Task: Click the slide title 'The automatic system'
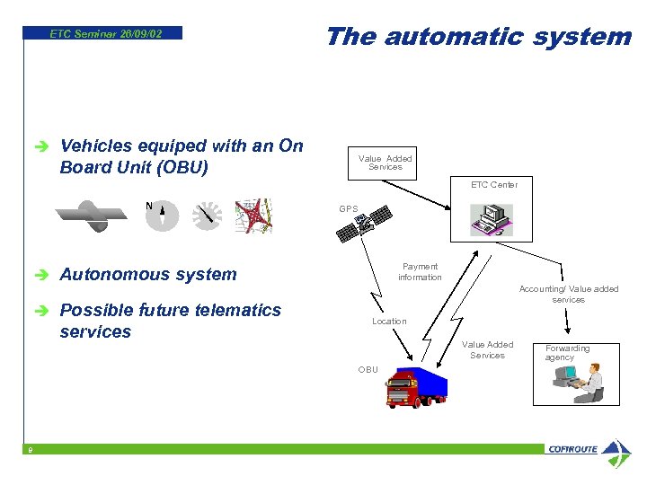point(478,36)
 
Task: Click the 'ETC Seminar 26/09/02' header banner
point(105,33)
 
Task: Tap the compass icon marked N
point(162,216)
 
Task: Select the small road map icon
point(253,216)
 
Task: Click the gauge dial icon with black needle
point(208,216)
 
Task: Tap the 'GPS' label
point(349,208)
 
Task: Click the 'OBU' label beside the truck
point(368,369)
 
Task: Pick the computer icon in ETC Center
point(492,218)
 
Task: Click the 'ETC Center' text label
point(494,184)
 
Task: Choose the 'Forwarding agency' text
point(567,352)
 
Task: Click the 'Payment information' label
point(420,271)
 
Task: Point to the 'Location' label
point(389,321)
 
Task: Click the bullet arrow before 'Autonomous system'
point(36,275)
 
